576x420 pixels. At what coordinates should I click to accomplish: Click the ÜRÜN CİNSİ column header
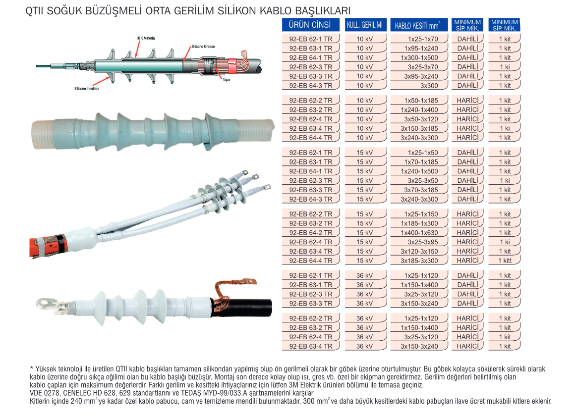pos(310,25)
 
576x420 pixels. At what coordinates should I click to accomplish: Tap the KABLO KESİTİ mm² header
pos(418,25)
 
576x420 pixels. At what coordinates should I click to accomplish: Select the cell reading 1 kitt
pos(505,261)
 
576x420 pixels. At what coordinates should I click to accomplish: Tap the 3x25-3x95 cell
pos(423,242)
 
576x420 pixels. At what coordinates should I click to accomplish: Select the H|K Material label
pos(146,38)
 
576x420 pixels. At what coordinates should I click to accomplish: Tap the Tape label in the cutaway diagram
pos(226,79)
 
